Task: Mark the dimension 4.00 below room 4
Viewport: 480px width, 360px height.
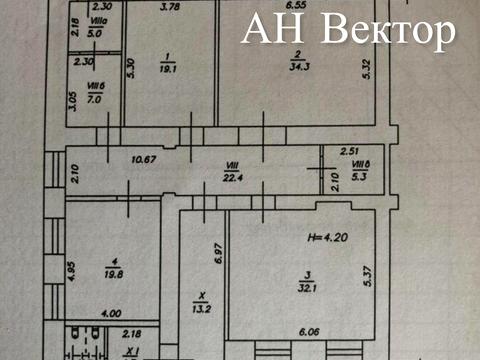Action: click(x=94, y=313)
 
